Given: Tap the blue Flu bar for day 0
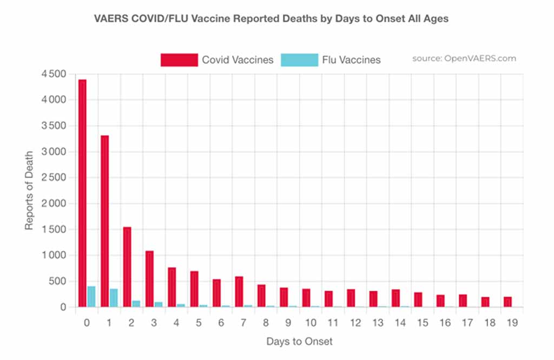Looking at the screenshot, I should (91, 297).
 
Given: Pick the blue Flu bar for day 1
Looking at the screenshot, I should (114, 298).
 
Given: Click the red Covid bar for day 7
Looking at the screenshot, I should (239, 292).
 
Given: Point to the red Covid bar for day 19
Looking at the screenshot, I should (507, 302).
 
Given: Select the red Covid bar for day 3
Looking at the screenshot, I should (149, 279).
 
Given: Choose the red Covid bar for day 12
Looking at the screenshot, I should (351, 298).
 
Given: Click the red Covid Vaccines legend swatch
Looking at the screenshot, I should (179, 60).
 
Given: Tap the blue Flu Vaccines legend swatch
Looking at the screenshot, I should (299, 60).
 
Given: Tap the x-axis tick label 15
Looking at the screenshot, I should (421, 323).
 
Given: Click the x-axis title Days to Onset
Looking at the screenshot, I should (299, 342).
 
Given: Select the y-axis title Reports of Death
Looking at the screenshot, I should (29, 191).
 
